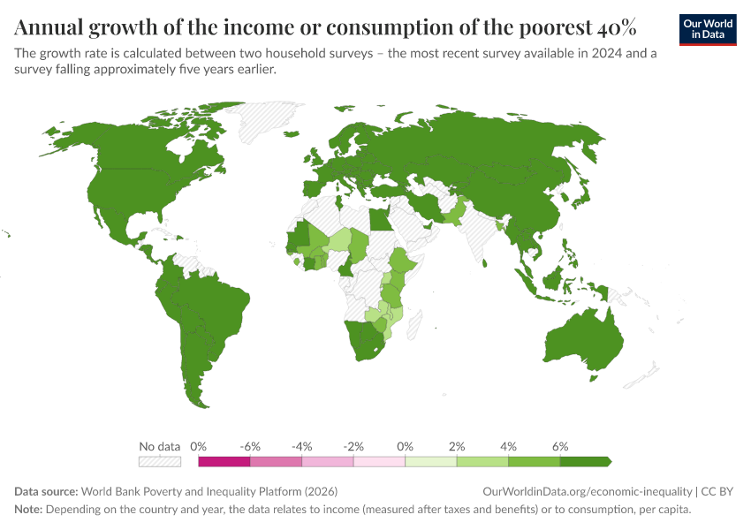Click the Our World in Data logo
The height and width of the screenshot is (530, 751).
pyautogui.click(x=707, y=28)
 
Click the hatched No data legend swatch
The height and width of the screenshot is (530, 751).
pyautogui.click(x=160, y=461)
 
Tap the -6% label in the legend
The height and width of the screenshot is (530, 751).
pyautogui.click(x=250, y=447)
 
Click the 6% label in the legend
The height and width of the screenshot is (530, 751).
pyautogui.click(x=560, y=447)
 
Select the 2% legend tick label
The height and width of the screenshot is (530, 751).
pyautogui.click(x=457, y=447)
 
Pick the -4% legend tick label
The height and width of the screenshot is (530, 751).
pyautogui.click(x=301, y=447)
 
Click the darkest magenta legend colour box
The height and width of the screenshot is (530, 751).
pyautogui.click(x=224, y=461)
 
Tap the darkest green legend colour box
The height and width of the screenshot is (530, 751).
pyautogui.click(x=585, y=461)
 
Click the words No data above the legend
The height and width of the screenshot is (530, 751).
pyautogui.click(x=160, y=447)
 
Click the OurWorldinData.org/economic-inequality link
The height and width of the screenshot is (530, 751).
pyautogui.click(x=588, y=491)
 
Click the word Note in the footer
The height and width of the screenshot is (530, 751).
pyautogui.click(x=28, y=510)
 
